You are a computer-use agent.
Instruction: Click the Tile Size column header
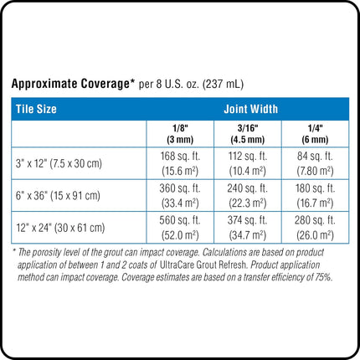[36, 109]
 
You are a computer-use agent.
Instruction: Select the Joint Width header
[251, 109]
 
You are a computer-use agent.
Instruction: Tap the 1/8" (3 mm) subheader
[180, 134]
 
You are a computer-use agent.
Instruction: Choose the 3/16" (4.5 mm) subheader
[248, 134]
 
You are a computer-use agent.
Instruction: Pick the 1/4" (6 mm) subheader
[315, 134]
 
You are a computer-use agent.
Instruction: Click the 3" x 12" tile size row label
[59, 163]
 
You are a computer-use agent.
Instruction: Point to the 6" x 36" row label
[58, 195]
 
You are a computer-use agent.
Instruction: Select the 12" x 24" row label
[60, 228]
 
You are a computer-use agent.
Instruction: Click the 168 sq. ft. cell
[180, 163]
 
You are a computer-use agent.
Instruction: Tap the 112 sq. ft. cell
[248, 163]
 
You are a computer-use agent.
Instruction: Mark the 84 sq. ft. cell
[315, 163]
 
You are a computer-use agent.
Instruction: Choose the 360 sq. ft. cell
[180, 195]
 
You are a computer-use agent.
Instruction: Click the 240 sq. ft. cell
[248, 195]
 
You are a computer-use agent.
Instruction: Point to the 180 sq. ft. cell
[315, 195]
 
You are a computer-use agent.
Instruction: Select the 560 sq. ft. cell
[180, 228]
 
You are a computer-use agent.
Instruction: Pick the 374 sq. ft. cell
[248, 228]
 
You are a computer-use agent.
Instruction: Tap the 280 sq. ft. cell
[315, 228]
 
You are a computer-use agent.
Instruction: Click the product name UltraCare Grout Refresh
[203, 265]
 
